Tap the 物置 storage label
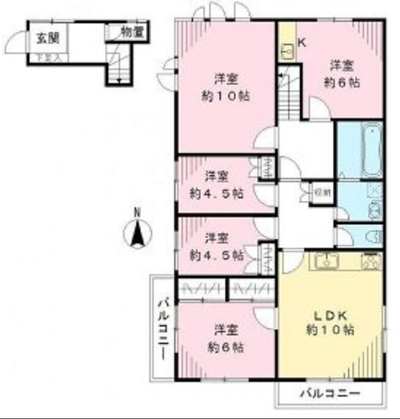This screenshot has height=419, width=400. pos(132,33)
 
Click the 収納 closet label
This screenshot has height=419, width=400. pos(323,191)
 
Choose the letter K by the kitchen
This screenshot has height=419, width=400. pos(302,42)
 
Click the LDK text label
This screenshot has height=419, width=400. pos(331,315)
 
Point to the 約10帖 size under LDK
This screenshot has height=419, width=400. pos(331,330)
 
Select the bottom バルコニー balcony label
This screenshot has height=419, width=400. pos(331,393)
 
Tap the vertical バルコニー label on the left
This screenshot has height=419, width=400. pos(164,329)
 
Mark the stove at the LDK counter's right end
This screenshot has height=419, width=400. pos(370,262)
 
